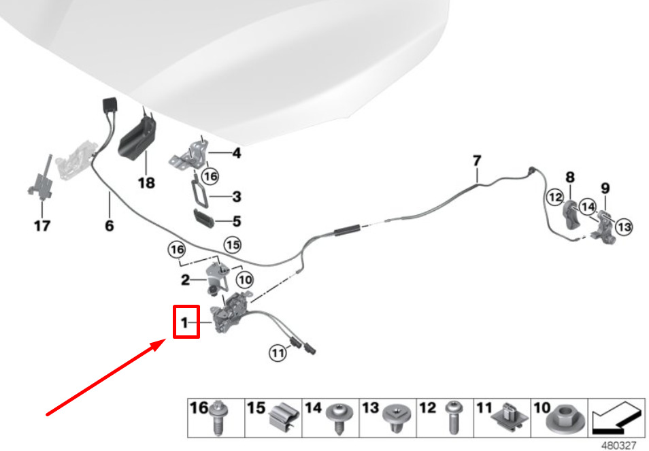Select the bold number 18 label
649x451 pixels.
[x=146, y=183]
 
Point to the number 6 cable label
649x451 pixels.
[x=109, y=226]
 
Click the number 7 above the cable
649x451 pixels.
[x=477, y=161]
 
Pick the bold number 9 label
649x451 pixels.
[x=604, y=188]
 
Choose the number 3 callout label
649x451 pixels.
[x=236, y=197]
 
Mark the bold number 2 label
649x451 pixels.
[x=185, y=280]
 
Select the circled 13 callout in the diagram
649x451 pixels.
[x=624, y=227]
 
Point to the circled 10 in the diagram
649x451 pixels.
[x=244, y=279]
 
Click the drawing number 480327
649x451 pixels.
[x=618, y=446]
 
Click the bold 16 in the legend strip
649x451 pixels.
[x=199, y=408]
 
